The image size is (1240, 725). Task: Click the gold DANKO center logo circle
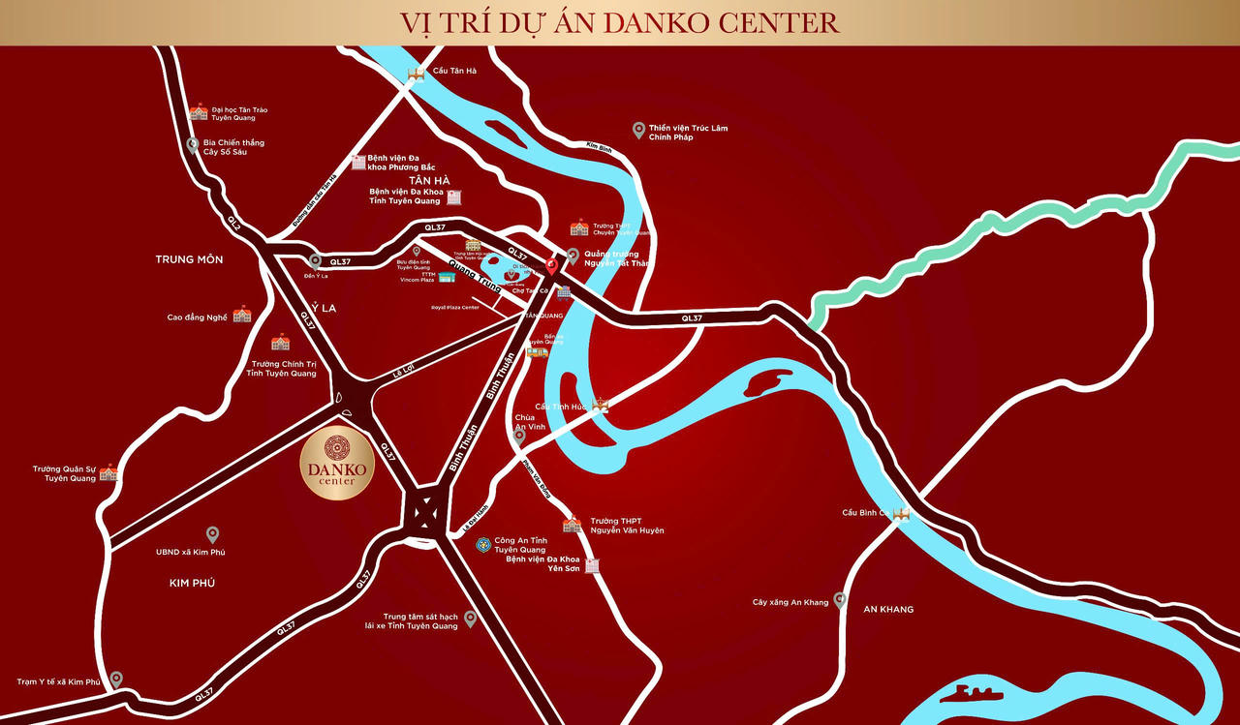[335, 464]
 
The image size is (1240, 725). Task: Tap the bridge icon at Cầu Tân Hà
[417, 74]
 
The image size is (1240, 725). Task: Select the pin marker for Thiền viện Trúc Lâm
[638, 130]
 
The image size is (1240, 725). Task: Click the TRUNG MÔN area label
[189, 259]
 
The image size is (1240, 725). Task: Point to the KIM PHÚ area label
[192, 583]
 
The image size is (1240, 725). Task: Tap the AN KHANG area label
[888, 609]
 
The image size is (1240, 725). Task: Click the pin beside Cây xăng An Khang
[840, 600]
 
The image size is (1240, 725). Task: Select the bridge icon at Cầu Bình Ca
[902, 514]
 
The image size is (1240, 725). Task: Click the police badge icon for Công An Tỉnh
[482, 545]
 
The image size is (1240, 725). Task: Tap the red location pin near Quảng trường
[552, 264]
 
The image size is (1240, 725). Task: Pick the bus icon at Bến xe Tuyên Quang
[537, 351]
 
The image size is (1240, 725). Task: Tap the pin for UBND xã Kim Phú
[212, 534]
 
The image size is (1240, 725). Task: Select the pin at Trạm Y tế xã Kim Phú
[116, 679]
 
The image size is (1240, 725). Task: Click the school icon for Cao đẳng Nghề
[242, 314]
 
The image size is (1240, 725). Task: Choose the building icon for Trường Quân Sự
[108, 472]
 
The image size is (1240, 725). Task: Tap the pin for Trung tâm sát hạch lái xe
[471, 618]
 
